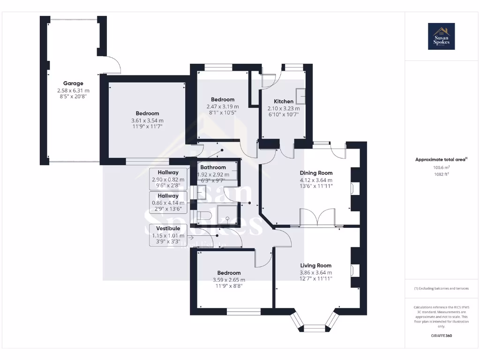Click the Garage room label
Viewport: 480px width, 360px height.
(73, 83)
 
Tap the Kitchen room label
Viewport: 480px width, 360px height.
(284, 101)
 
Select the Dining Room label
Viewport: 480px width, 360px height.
(316, 173)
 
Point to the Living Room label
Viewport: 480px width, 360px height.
(316, 265)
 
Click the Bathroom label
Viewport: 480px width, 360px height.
(213, 167)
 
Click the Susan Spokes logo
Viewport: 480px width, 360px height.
(441, 37)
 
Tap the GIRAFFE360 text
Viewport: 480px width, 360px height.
(441, 336)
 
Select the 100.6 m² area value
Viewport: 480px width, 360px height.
(441, 167)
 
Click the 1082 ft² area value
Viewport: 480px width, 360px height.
(441, 173)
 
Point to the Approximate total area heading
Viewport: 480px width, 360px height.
(441, 159)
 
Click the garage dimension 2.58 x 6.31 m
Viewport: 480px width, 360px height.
(73, 90)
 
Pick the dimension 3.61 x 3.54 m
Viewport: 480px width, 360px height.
(147, 120)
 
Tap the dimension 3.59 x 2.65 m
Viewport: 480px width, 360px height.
(229, 280)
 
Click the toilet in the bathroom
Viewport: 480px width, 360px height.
(204, 216)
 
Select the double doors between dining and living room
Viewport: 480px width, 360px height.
(316, 218)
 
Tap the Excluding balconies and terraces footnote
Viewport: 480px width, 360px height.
(441, 288)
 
